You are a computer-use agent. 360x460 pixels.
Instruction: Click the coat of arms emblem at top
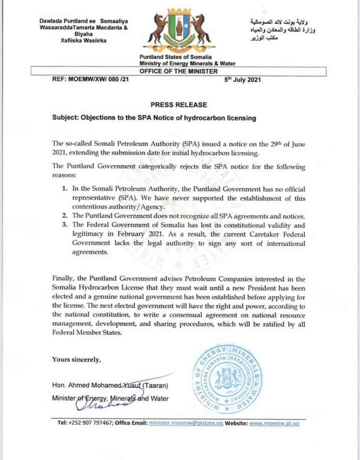point(179,32)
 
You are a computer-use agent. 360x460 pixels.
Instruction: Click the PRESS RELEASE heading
point(178,105)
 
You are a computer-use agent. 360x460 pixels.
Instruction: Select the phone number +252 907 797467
point(93,423)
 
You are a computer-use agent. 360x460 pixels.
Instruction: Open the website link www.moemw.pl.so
point(273,423)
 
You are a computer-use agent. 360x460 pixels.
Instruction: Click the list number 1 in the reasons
point(64,190)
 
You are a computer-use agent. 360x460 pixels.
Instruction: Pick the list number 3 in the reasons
point(64,225)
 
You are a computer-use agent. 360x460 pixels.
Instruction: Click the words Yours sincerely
point(76,359)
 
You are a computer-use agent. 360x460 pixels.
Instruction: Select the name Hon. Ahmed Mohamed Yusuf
point(97,385)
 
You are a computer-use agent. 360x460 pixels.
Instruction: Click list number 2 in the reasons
point(64,216)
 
